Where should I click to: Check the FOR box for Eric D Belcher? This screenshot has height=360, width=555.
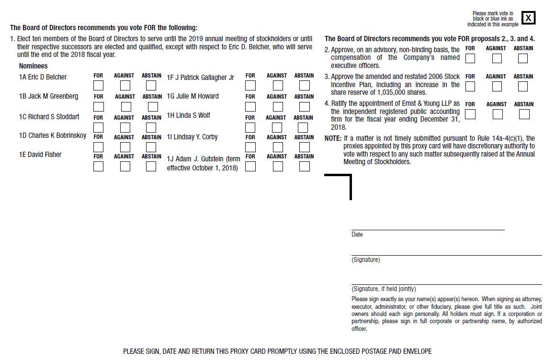pyautogui.click(x=98, y=86)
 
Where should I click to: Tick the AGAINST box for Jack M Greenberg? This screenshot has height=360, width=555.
pyautogui.click(x=125, y=107)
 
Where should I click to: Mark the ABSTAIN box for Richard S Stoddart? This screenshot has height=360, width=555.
pyautogui.click(x=151, y=128)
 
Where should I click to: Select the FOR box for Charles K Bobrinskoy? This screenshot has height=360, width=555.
pyautogui.click(x=98, y=147)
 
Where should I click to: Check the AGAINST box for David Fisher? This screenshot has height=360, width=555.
pyautogui.click(x=125, y=167)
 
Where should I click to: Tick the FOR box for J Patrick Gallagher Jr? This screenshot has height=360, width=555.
pyautogui.click(x=250, y=86)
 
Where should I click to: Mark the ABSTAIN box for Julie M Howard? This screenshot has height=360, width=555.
pyautogui.click(x=304, y=107)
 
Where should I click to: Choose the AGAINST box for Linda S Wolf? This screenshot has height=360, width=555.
pyautogui.click(x=277, y=128)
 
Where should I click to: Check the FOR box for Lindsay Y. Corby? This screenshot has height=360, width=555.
pyautogui.click(x=250, y=147)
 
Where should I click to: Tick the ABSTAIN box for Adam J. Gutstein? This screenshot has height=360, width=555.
pyautogui.click(x=304, y=167)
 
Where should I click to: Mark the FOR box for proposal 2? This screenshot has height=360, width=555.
pyautogui.click(x=470, y=58)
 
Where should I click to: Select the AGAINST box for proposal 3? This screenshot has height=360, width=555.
pyautogui.click(x=497, y=87)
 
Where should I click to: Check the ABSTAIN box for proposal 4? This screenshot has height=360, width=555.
pyautogui.click(x=524, y=114)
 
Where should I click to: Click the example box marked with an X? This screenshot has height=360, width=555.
pyautogui.click(x=528, y=18)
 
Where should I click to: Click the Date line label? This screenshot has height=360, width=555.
pyautogui.click(x=357, y=235)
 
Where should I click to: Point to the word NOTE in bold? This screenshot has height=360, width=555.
pyautogui.click(x=333, y=138)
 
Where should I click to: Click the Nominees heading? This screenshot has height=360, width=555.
pyautogui.click(x=34, y=66)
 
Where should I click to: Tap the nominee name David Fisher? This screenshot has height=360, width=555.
pyautogui.click(x=40, y=155)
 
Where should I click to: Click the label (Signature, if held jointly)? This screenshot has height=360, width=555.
pyautogui.click(x=384, y=289)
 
